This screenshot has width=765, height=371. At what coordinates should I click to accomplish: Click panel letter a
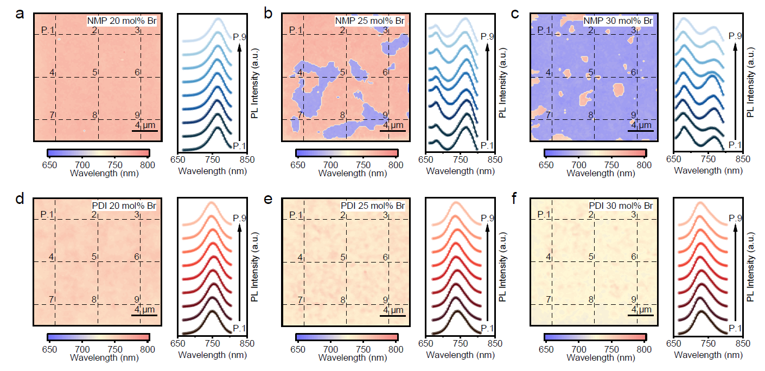pos(20,15)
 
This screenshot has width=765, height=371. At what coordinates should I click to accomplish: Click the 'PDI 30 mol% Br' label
pos(621,207)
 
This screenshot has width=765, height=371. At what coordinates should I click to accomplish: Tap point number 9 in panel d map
pos(137,299)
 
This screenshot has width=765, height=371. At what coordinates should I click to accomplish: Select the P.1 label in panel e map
pos(296,216)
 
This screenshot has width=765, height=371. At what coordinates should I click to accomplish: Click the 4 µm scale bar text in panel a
pos(144,125)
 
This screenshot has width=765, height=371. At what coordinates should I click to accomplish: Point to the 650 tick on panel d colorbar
pos(49,349)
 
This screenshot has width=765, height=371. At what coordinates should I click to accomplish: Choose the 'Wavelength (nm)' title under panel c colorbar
pos(594,174)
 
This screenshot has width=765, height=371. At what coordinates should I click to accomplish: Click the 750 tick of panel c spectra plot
pos(707,159)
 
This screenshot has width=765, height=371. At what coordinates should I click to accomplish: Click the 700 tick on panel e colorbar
pos(329,349)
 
